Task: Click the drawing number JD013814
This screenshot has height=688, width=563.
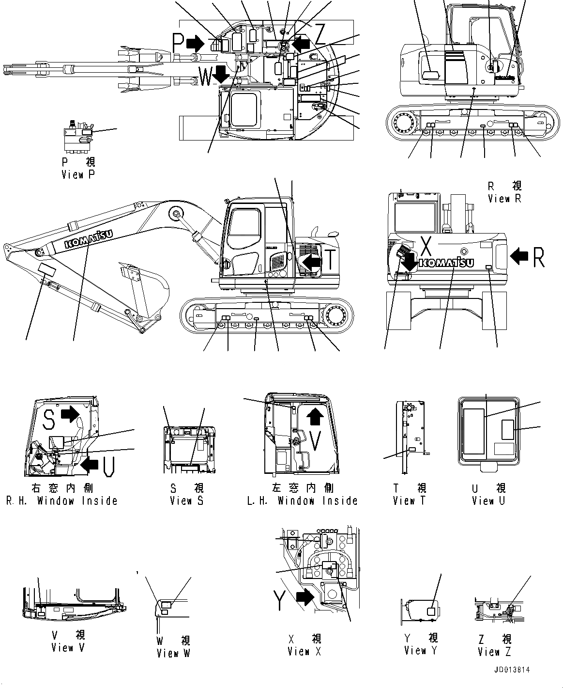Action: (x=511, y=670)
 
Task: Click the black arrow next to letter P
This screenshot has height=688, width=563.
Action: (x=195, y=43)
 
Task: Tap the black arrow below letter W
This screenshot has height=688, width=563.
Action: (x=221, y=74)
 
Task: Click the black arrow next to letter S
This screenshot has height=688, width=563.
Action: (x=70, y=414)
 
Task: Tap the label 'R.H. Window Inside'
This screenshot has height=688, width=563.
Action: (x=61, y=501)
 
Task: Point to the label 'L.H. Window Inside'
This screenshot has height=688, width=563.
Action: (x=302, y=501)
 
